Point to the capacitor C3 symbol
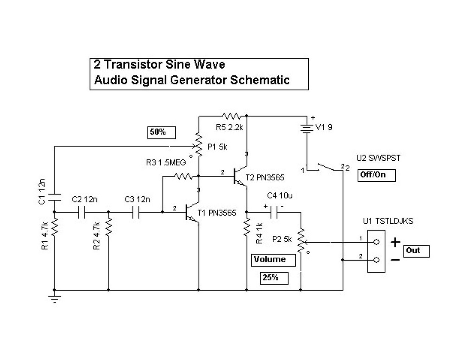[x=136, y=212]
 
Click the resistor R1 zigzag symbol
[x=55, y=228]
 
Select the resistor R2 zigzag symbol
[x=108, y=228]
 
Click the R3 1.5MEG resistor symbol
[x=183, y=176]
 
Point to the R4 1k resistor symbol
[x=247, y=227]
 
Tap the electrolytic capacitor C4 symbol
[x=273, y=212]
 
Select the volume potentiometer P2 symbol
[x=301, y=241]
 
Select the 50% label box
[x=161, y=132]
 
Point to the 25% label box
[x=274, y=278]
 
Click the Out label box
[x=416, y=251]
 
